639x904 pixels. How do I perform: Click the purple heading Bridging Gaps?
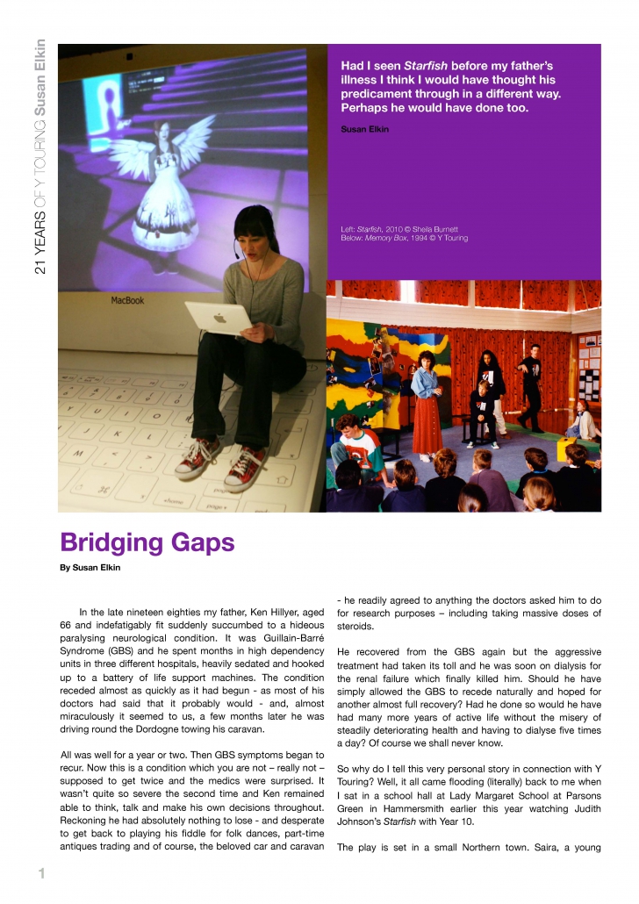click(147, 543)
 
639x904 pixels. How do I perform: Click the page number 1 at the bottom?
click(40, 872)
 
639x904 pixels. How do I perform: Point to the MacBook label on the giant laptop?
click(128, 300)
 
